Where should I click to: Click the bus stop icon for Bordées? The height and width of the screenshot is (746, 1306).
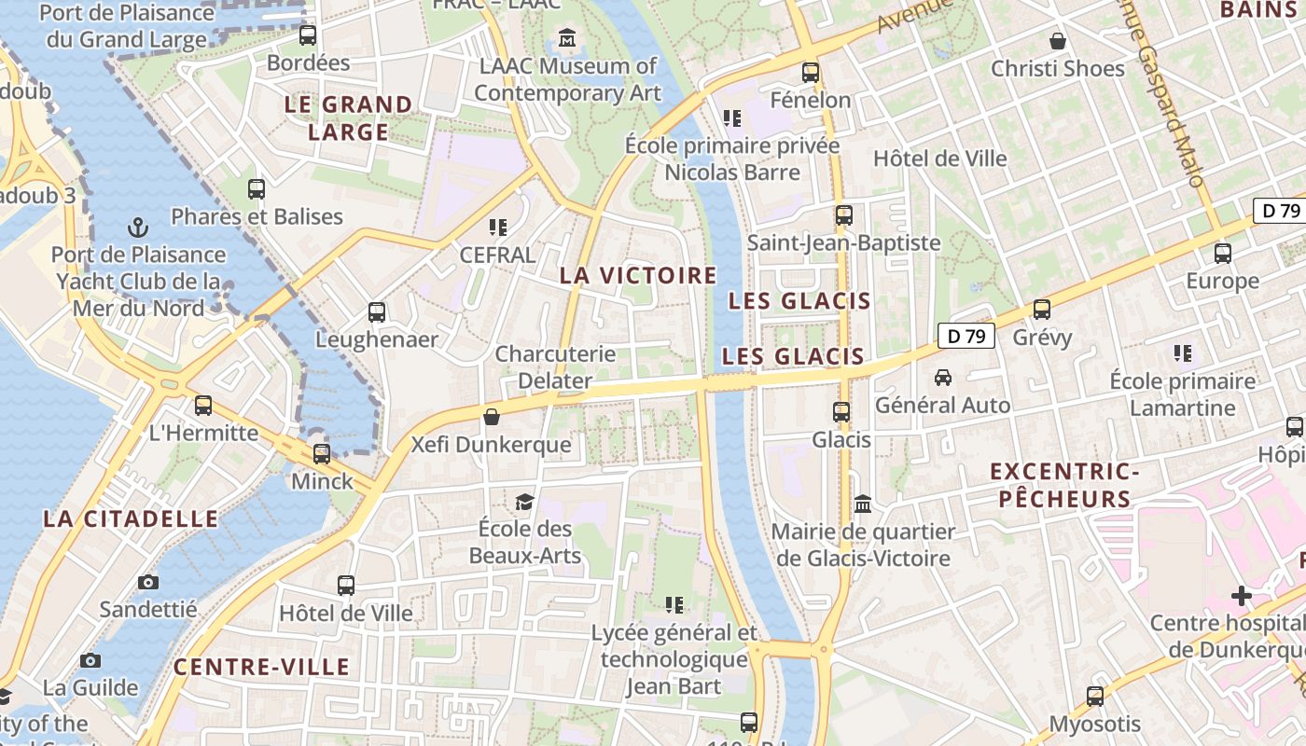click(307, 35)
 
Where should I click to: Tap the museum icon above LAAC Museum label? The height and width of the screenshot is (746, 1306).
click(567, 39)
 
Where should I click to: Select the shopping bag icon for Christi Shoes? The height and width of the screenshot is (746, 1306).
click(1058, 41)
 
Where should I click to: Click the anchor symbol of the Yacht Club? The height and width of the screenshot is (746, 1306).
click(138, 228)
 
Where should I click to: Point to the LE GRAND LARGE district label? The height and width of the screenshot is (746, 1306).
click(348, 118)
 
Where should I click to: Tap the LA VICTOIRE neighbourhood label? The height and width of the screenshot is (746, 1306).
click(638, 275)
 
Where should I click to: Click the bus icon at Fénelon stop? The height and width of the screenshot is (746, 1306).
click(811, 73)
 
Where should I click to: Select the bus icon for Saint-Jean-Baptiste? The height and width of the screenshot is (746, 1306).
click(844, 215)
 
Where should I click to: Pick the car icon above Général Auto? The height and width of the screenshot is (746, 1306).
click(943, 378)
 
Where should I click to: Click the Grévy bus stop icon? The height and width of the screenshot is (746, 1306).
click(1042, 310)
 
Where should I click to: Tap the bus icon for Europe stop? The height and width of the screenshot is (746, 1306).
click(1222, 254)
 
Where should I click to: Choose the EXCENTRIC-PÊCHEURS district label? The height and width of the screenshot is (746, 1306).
click(1064, 485)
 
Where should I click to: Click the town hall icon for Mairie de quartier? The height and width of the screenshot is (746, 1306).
click(863, 504)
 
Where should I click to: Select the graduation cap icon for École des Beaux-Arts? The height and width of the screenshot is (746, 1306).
click(525, 503)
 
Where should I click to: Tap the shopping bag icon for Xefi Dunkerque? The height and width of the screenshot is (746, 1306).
click(492, 417)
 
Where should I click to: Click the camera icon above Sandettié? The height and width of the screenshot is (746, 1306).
click(148, 583)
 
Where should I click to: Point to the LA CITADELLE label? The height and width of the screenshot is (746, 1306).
click(131, 519)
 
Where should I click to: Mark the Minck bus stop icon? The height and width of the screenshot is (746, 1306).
click(322, 454)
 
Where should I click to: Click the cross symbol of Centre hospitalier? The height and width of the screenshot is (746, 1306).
click(1241, 595)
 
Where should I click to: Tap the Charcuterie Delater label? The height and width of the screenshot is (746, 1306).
click(555, 367)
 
